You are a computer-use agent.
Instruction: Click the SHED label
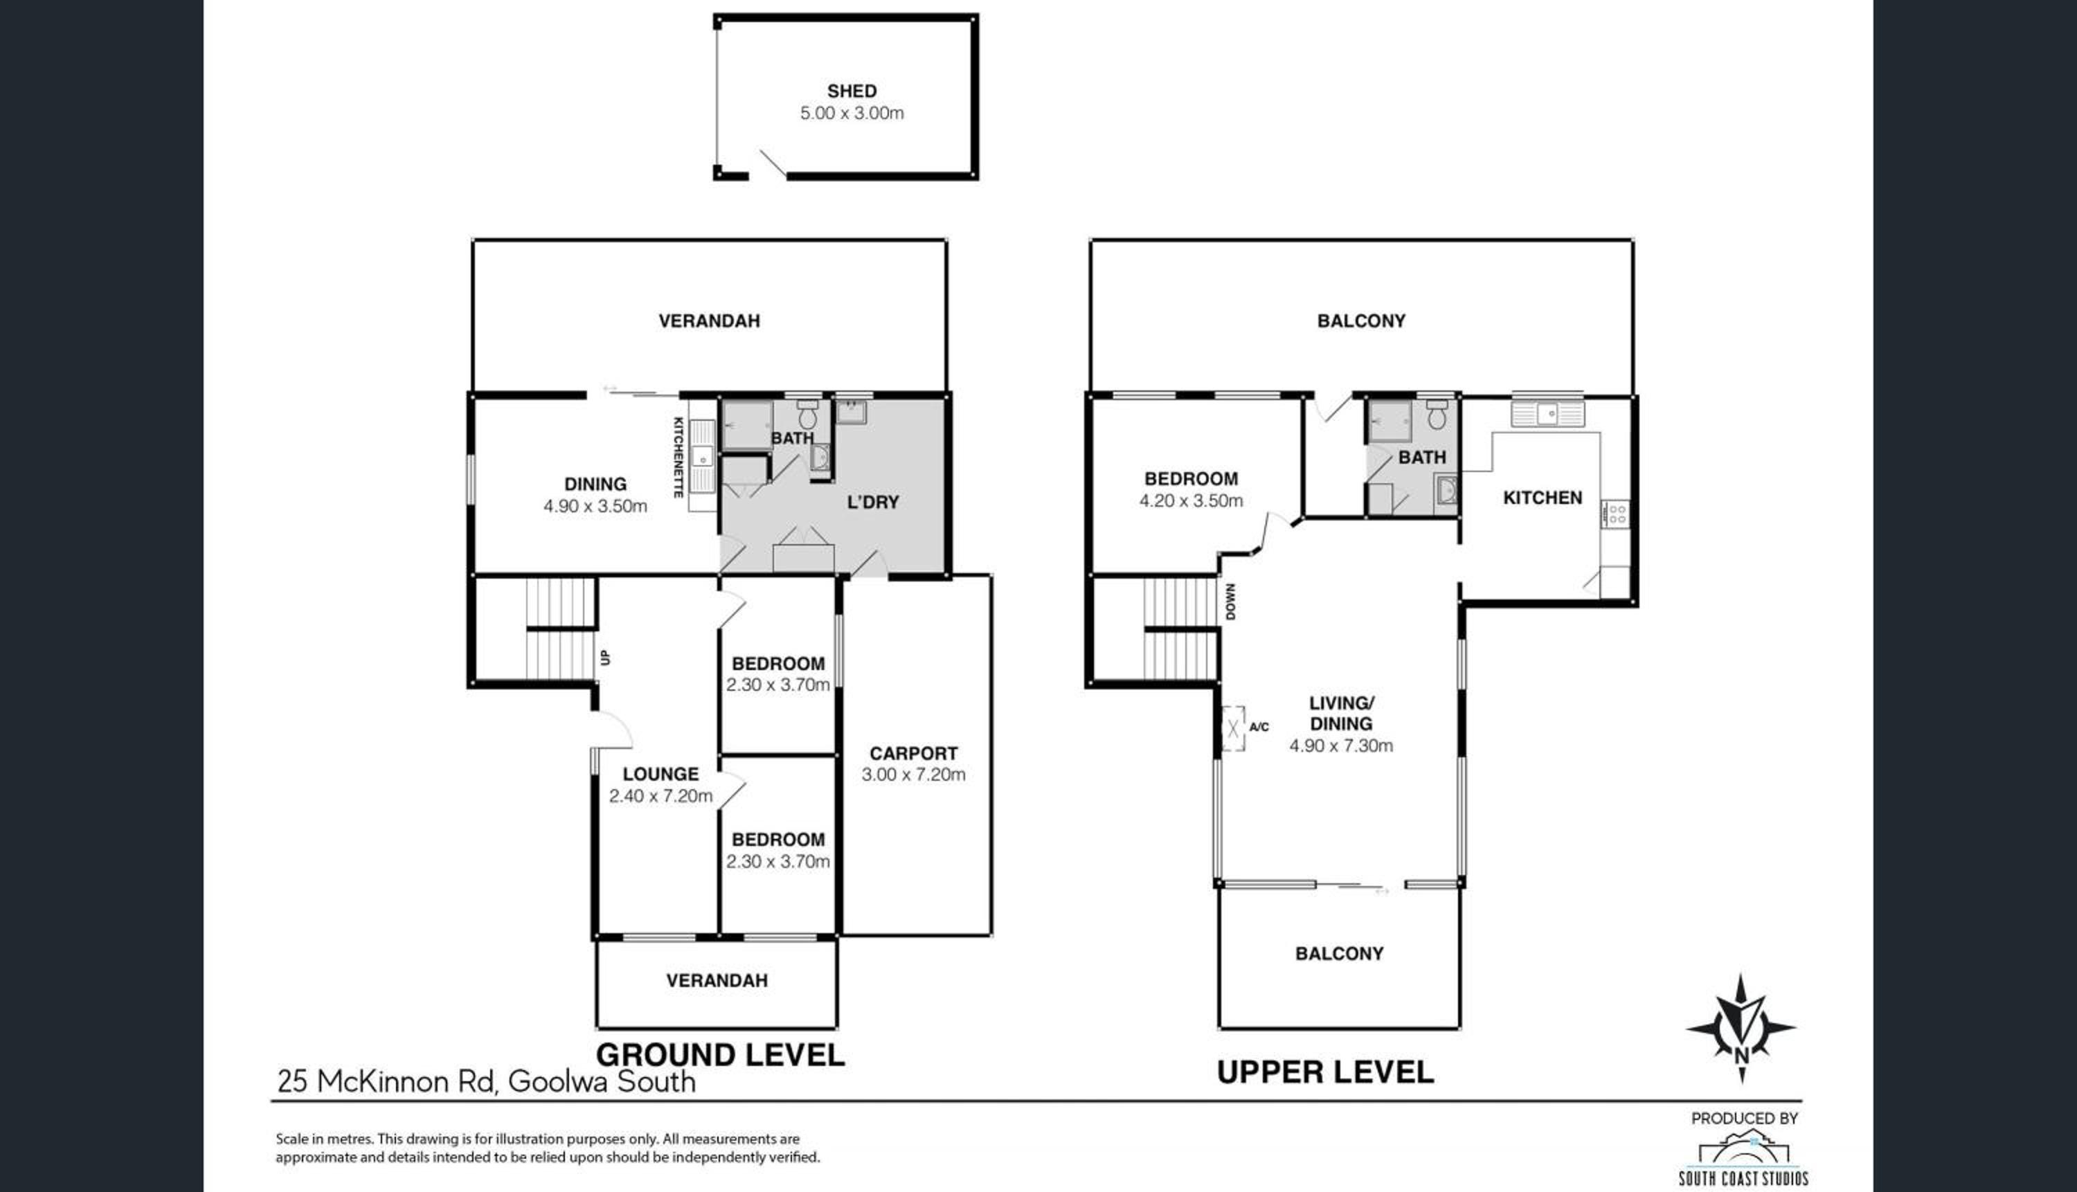pyautogui.click(x=852, y=91)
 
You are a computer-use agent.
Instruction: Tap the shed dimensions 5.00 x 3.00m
pyautogui.click(x=852, y=113)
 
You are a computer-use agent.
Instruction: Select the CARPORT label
pyautogui.click(x=912, y=753)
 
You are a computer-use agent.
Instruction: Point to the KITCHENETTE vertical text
pyautogui.click(x=678, y=458)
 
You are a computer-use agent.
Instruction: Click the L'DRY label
pyautogui.click(x=873, y=502)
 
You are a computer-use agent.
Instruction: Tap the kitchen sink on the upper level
pyautogui.click(x=1547, y=413)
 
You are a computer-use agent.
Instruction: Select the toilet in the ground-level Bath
pyautogui.click(x=808, y=415)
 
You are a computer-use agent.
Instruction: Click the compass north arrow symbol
pyautogui.click(x=1741, y=1028)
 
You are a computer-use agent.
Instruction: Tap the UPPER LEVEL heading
pyautogui.click(x=1325, y=1072)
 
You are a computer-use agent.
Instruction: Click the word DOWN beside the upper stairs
pyautogui.click(x=1230, y=602)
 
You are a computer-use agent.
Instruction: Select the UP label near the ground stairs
pyautogui.click(x=606, y=657)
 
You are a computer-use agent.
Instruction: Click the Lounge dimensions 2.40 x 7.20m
pyautogui.click(x=660, y=796)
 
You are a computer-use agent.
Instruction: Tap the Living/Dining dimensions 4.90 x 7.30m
pyautogui.click(x=1341, y=746)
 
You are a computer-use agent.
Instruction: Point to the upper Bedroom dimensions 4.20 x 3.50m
pyautogui.click(x=1192, y=501)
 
